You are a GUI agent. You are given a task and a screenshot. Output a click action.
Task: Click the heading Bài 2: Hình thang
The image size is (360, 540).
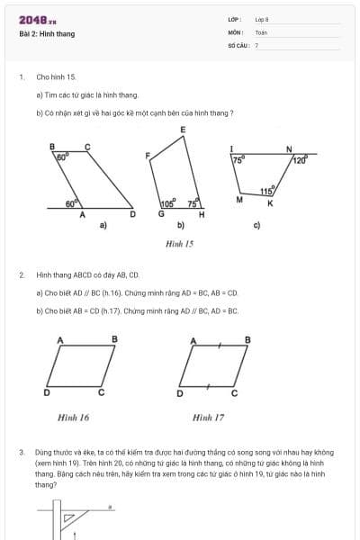click(47, 34)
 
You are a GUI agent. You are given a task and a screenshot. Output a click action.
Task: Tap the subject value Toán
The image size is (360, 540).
click(261, 31)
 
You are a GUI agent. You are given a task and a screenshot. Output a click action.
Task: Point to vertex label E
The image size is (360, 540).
click(183, 130)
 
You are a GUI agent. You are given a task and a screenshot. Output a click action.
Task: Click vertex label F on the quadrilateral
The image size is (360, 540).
click(148, 156)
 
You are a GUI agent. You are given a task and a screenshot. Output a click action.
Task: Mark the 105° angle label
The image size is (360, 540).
click(167, 204)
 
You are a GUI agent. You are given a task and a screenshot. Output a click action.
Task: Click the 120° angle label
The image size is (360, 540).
click(300, 160)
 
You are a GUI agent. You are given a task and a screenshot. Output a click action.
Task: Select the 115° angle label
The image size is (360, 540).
click(266, 191)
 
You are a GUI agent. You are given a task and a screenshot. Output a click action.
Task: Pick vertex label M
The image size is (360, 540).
click(239, 199)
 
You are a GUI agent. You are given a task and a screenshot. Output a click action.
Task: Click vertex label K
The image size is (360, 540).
click(270, 203)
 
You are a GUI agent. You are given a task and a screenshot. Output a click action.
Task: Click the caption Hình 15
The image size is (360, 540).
click(180, 243)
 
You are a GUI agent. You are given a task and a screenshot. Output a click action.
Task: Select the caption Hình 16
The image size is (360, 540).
click(73, 418)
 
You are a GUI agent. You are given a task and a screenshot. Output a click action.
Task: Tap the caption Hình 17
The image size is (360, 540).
click(208, 418)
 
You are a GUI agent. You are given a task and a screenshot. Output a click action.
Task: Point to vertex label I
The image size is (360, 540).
click(231, 148)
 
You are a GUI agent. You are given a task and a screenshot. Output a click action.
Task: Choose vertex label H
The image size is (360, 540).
click(201, 214)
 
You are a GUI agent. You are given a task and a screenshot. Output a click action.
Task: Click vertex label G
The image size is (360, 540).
click(161, 214)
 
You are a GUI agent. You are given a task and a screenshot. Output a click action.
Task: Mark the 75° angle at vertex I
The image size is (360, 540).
click(238, 160)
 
